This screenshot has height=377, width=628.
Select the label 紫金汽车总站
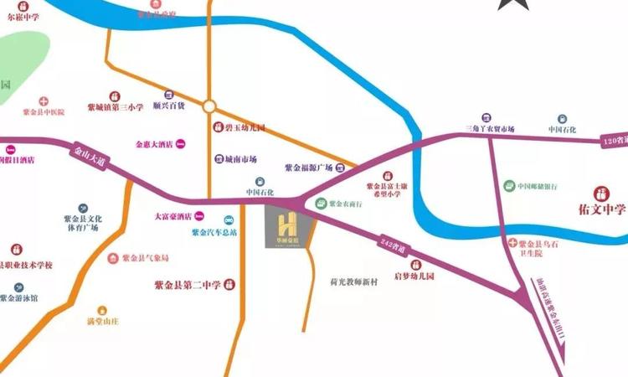coord(214,232)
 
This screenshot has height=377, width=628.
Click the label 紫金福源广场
coord(309,168)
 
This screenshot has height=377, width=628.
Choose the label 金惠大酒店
coord(154,145)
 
